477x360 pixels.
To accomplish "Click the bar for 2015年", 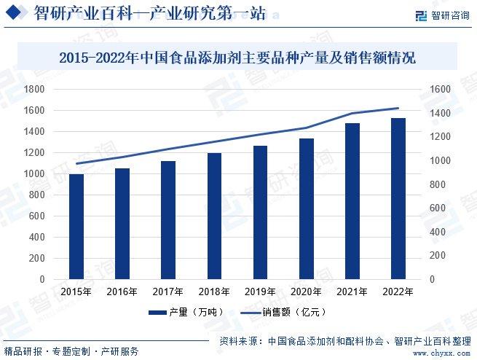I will [76, 227].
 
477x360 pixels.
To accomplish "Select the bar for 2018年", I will [214, 216].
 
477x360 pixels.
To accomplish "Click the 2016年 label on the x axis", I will [122, 291].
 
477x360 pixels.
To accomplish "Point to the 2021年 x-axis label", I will [352, 291].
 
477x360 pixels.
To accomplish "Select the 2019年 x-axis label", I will [260, 291].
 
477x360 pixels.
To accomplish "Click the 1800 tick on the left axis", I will [35, 89].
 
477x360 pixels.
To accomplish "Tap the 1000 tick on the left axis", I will [35, 174].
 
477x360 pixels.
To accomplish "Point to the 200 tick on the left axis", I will [38, 259].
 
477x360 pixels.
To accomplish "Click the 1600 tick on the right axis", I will [441, 89].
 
